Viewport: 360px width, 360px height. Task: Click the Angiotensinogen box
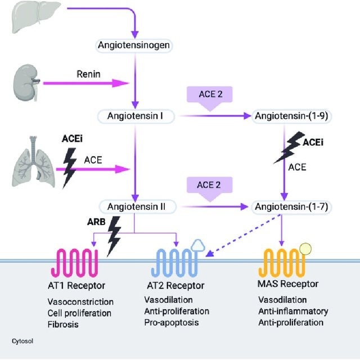click(x=134, y=44)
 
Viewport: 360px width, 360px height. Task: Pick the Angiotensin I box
click(x=134, y=116)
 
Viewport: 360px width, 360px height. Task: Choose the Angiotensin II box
click(x=136, y=207)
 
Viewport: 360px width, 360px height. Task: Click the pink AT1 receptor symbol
click(x=74, y=260)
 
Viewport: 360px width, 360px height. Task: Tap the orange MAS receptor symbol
click(x=284, y=260)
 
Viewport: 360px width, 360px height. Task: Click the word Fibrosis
click(x=64, y=325)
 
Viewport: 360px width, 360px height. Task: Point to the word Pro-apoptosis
click(x=171, y=322)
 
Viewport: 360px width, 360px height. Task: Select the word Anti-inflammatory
click(x=292, y=312)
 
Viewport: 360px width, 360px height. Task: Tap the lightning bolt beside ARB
click(x=114, y=236)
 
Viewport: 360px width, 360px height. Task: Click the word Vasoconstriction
click(x=80, y=302)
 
